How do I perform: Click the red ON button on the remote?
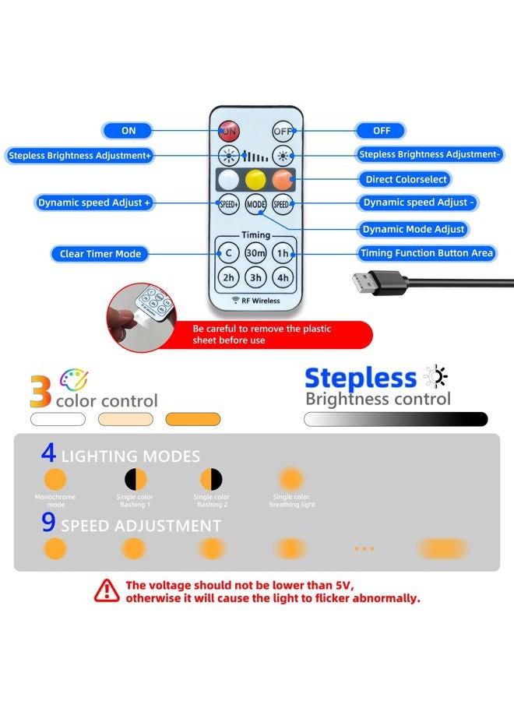[229, 131]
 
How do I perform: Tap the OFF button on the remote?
[283, 131]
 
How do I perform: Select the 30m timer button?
[255, 253]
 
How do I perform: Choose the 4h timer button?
[283, 277]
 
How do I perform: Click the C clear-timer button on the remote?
[228, 253]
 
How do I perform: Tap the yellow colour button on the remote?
[255, 180]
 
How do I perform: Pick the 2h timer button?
[228, 277]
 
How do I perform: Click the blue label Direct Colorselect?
[406, 179]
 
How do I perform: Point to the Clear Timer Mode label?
[100, 254]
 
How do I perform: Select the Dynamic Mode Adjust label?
[413, 229]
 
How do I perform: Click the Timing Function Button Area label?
[427, 253]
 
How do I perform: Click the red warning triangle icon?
[107, 591]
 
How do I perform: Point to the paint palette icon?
[74, 379]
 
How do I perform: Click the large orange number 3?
[40, 391]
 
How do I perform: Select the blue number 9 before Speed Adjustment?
[48, 522]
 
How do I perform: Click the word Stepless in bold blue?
[361, 379]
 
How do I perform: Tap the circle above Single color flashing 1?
[136, 479]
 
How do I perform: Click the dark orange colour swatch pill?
[192, 419]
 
